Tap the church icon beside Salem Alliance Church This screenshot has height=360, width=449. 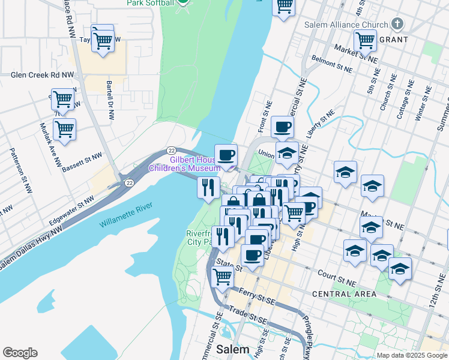[x=396, y=25]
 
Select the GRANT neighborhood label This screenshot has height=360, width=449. [x=393, y=40]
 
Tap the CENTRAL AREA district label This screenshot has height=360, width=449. [x=345, y=294]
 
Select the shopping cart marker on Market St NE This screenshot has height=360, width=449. [x=365, y=40]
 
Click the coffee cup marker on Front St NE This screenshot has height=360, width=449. [x=282, y=127]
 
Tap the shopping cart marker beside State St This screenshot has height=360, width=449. [x=222, y=277]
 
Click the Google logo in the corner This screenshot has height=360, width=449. [x=20, y=353]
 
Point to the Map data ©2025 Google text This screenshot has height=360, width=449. [x=412, y=355]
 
